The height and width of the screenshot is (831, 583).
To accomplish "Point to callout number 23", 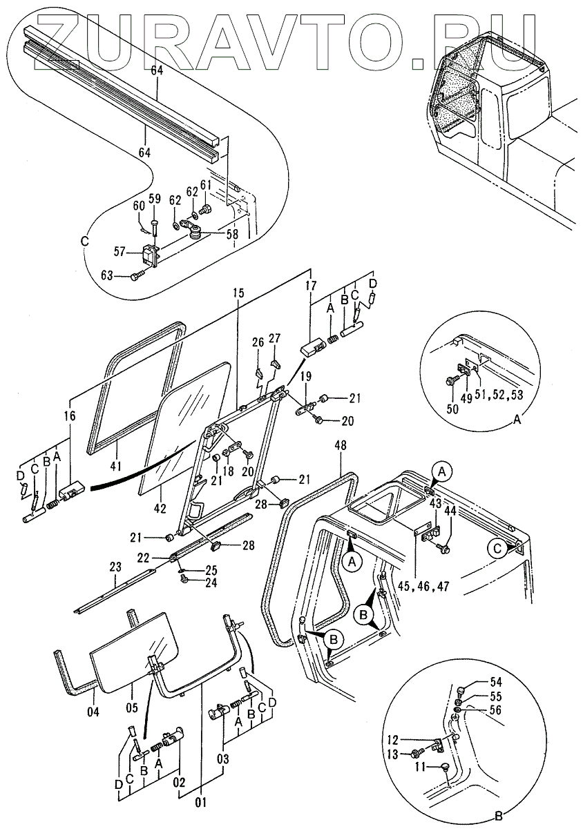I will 114,567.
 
